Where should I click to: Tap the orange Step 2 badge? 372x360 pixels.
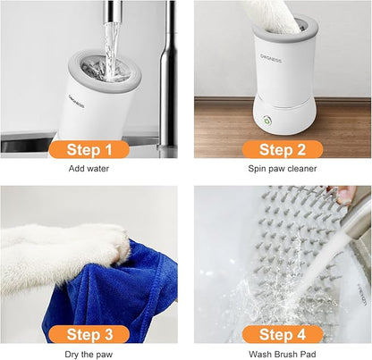pyautogui.click(x=283, y=148)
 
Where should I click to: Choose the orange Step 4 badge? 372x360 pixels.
pyautogui.click(x=283, y=334)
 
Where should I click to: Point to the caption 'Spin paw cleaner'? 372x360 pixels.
pyautogui.click(x=283, y=168)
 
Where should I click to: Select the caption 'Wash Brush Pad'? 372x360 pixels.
pyautogui.click(x=283, y=354)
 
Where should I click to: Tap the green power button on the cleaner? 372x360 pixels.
pyautogui.click(x=266, y=121)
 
